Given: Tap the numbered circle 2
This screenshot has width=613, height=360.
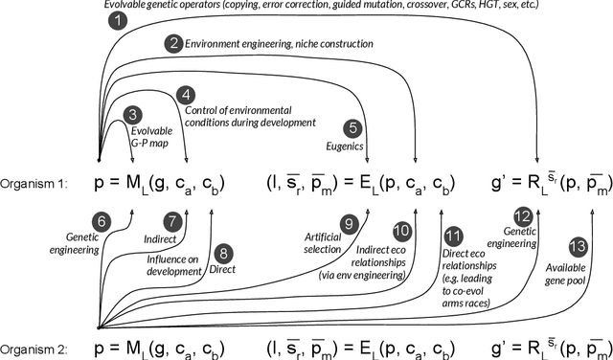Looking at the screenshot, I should point(172,43).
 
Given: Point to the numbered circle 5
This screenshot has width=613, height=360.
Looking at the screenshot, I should point(353,126).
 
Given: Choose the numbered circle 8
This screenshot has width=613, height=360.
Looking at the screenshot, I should point(224,255).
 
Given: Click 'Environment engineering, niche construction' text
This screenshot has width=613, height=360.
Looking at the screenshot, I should point(266,44).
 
